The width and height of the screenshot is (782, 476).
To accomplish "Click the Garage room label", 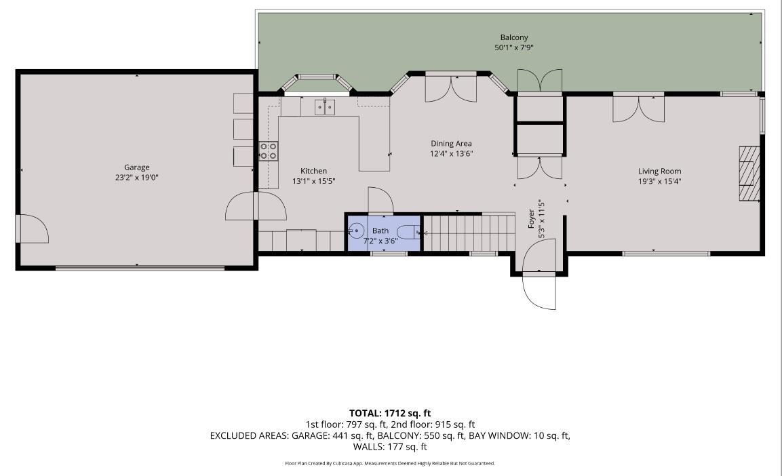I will [x=136, y=167].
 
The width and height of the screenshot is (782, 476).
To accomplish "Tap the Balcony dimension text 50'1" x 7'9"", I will [x=514, y=47].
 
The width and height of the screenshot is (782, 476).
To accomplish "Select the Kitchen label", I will [x=313, y=171].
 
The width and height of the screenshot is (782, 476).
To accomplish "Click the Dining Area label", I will [x=451, y=143].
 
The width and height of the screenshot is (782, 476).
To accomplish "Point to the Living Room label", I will [x=659, y=171].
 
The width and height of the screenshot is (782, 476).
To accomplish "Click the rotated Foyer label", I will [x=532, y=218].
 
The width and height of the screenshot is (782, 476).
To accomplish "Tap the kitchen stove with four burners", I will [x=268, y=151].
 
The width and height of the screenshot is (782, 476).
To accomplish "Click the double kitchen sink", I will [x=324, y=106].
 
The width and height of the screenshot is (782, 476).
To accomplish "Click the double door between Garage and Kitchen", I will [x=256, y=206].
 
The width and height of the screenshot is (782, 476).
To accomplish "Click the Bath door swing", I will [x=379, y=200].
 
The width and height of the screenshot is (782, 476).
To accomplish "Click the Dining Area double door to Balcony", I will [x=451, y=86].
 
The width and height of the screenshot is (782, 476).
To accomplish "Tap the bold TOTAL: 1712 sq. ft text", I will [x=390, y=413].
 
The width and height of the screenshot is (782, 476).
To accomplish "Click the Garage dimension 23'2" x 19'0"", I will [x=136, y=178].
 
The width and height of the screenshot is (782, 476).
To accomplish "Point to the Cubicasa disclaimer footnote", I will [x=390, y=463].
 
